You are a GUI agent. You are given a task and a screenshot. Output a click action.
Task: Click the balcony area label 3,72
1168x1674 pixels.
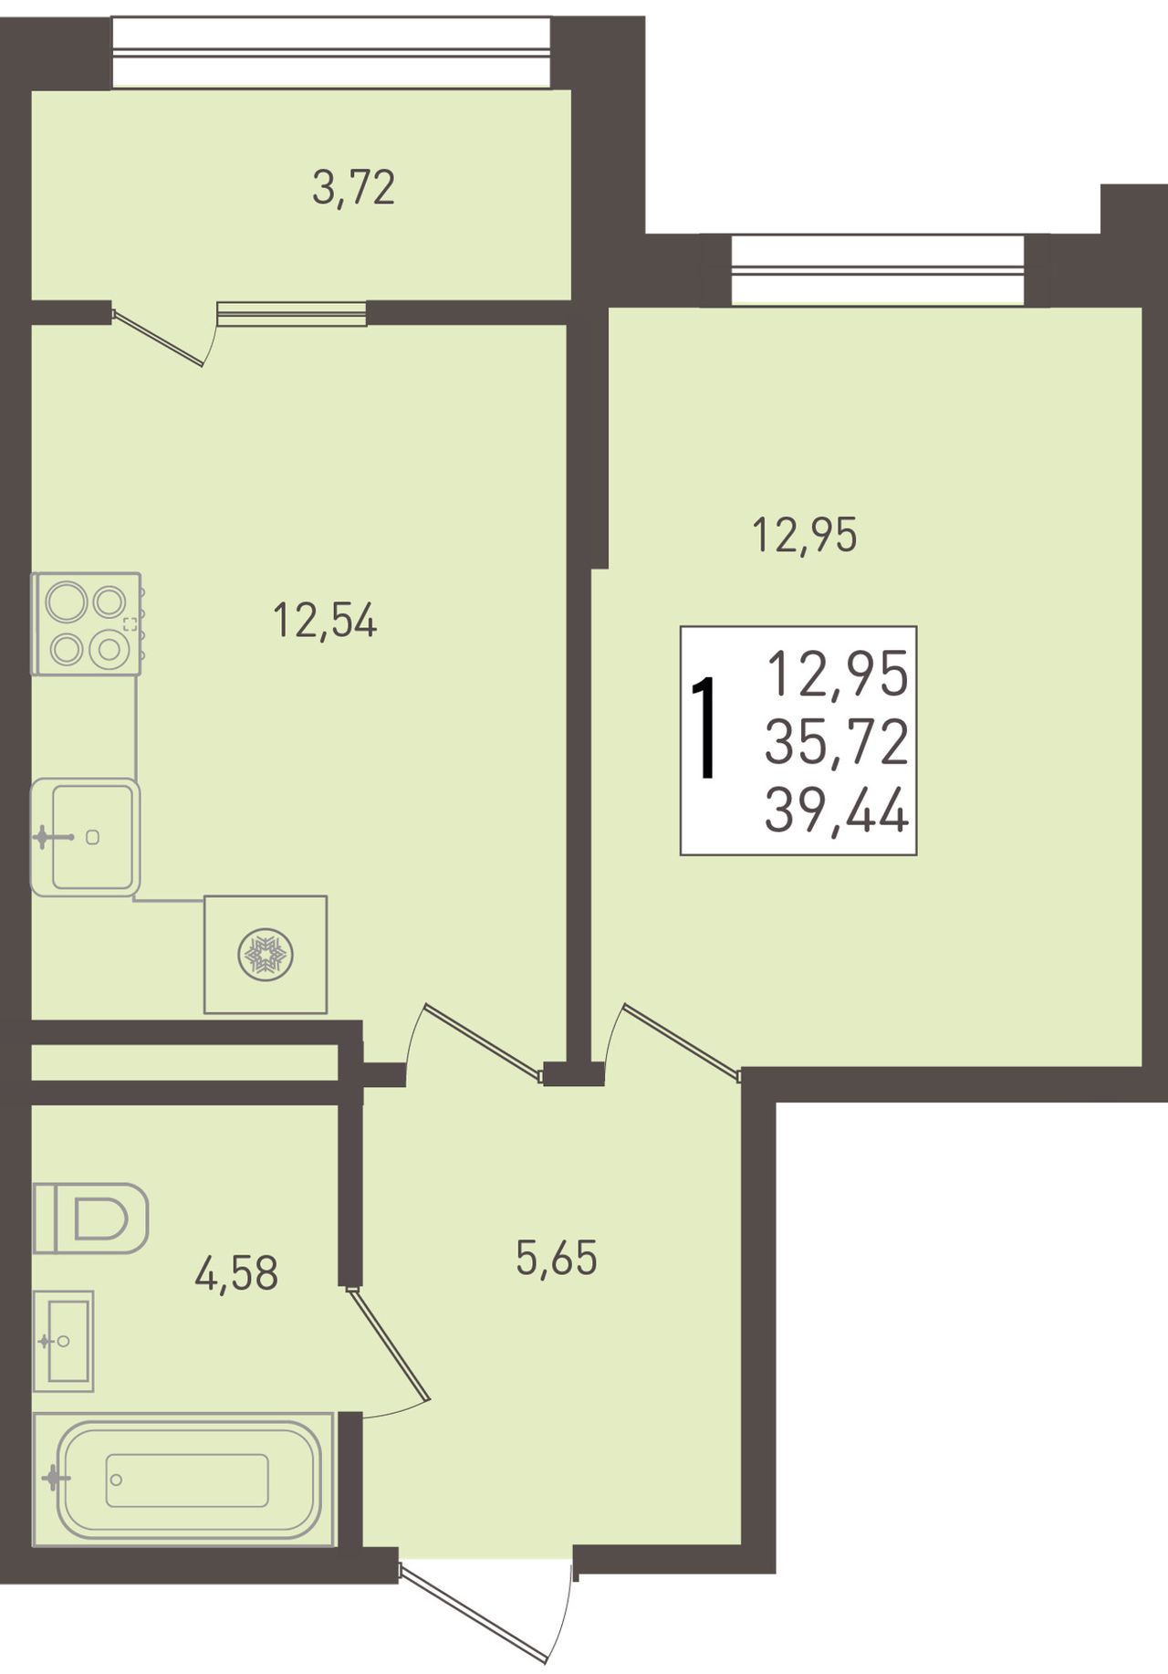click(353, 189)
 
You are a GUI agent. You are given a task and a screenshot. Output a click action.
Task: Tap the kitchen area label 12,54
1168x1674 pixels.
click(325, 622)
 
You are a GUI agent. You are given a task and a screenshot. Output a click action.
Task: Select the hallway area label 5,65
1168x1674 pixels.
click(557, 1259)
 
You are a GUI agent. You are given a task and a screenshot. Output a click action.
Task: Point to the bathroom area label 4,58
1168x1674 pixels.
click(236, 1273)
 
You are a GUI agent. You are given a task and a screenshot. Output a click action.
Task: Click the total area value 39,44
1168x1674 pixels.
click(837, 811)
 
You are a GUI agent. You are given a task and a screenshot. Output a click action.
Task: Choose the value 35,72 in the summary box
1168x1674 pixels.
click(837, 742)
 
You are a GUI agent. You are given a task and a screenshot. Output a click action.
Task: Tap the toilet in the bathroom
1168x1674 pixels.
click(90, 1218)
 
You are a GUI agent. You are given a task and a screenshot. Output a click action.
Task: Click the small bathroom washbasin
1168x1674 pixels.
click(63, 1341)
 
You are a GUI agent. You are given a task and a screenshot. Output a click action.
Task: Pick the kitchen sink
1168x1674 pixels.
click(85, 837)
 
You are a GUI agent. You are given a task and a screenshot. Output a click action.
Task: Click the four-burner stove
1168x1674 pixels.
click(87, 623)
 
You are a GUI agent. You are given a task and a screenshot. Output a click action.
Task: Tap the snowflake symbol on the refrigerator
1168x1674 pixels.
click(265, 955)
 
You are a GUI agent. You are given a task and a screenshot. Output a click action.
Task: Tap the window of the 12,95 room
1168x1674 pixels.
click(877, 269)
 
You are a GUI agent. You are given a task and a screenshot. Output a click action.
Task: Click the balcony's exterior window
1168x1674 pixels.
click(331, 53)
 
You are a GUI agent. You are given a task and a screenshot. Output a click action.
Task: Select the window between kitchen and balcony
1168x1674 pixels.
click(292, 313)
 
